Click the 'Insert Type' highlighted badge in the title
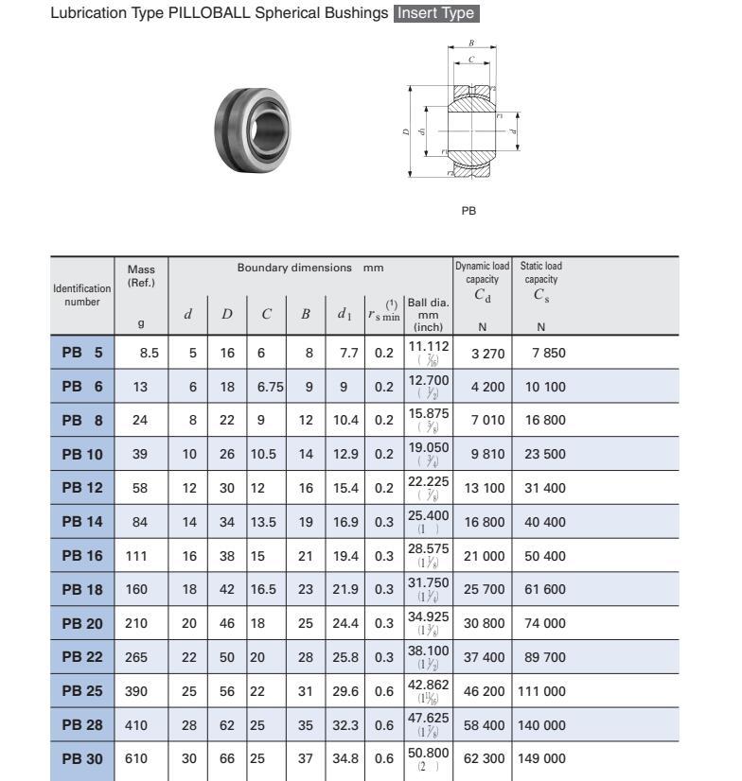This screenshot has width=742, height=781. click(x=436, y=14)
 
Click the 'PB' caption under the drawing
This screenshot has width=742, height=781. click(x=468, y=211)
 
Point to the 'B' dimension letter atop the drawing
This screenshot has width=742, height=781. click(x=471, y=44)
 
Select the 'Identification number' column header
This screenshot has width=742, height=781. click(x=81, y=295)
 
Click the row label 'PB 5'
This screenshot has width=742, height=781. click(x=81, y=352)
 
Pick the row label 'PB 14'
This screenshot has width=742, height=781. click(x=81, y=522)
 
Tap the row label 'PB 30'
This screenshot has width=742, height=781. click(x=81, y=759)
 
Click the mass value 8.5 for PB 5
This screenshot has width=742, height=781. click(x=149, y=352)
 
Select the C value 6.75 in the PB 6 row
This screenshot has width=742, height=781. click(x=267, y=386)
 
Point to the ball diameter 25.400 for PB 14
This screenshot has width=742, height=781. click(x=428, y=515)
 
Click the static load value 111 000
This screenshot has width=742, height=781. click(x=541, y=691)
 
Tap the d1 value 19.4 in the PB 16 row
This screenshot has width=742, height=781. click(x=345, y=556)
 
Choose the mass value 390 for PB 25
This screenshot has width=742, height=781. click(x=136, y=691)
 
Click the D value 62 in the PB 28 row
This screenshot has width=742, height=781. click(x=227, y=725)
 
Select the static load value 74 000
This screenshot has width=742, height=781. click(x=545, y=624)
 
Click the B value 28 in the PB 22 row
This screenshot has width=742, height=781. click(x=305, y=658)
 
